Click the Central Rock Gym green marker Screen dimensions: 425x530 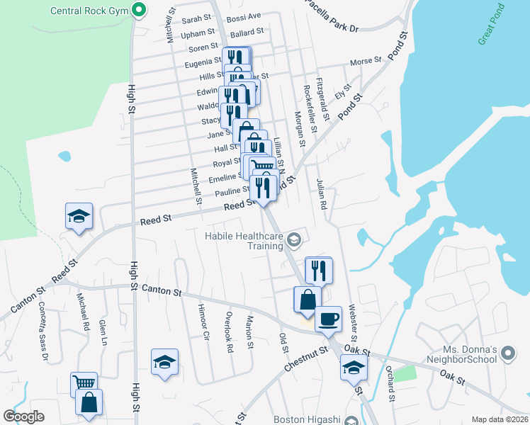[139, 11]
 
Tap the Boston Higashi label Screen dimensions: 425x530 [308, 419]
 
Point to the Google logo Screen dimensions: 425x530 [23, 416]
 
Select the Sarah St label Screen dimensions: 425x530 [197, 18]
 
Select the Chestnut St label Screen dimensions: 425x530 [306, 358]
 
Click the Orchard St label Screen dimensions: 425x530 [390, 383]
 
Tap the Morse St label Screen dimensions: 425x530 [366, 62]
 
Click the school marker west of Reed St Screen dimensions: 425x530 [79, 216]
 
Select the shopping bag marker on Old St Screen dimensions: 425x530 [308, 300]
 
